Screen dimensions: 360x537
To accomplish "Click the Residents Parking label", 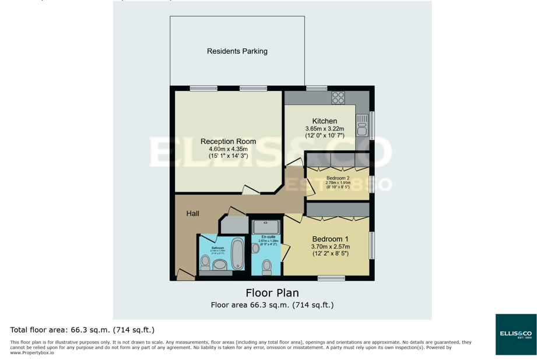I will coord(237,51).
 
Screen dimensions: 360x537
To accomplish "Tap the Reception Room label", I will coord(228,142).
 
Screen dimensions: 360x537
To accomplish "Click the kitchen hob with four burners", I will coord(338,98).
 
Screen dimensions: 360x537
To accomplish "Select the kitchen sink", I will coord(362,125).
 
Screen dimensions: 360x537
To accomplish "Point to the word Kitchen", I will coord(324,121).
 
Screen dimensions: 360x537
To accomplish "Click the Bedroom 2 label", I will coord(338,178).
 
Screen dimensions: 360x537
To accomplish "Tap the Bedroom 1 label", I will coord(330,239).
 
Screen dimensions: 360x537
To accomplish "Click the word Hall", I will coord(192,214).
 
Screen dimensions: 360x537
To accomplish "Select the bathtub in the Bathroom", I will coord(238,253).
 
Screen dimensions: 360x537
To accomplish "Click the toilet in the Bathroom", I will coord(205,263).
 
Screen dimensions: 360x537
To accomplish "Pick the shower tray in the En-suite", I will coord(266,227).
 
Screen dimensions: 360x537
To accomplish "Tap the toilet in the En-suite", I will coord(267,266).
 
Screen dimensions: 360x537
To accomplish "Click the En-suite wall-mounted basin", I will coord(255,248).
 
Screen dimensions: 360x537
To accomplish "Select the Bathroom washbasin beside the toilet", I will coord(220,264).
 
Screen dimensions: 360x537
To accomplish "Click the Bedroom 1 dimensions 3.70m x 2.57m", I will coord(330,247).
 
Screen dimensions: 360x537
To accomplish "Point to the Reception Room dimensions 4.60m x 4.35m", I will coord(228,149).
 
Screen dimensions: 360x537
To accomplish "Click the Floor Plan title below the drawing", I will coord(272,292).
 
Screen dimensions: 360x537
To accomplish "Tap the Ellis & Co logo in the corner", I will coord(515,334).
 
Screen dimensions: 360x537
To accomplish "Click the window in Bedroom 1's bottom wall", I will coord(331,278).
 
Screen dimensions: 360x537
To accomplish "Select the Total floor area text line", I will coord(82,330).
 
